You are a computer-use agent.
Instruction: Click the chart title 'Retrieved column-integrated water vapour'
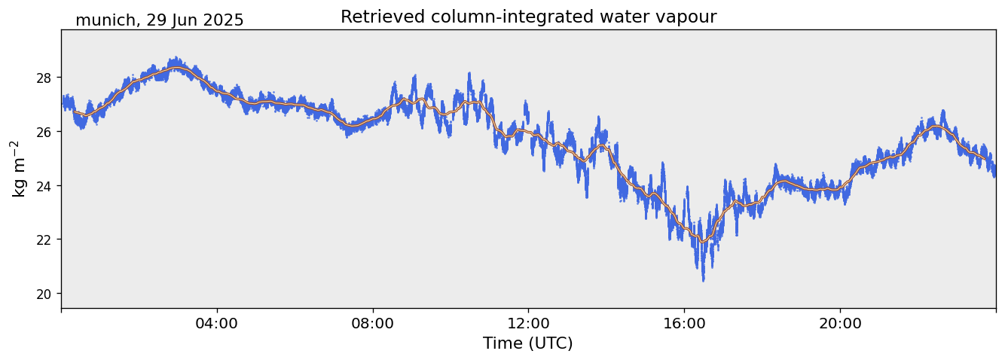[x=528, y=17]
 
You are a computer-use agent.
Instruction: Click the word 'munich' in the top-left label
[x=105, y=20]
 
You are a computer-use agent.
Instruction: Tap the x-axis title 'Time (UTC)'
[x=528, y=343]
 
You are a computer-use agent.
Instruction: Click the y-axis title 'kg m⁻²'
[x=18, y=168]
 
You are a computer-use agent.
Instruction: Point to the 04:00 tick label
[x=217, y=323]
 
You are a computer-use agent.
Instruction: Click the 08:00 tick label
[x=372, y=323]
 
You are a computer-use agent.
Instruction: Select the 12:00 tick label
[x=528, y=323]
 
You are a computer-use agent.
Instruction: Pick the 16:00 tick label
[x=684, y=323]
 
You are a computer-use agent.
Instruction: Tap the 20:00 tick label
[x=839, y=323]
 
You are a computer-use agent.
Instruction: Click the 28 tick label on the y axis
[x=46, y=78]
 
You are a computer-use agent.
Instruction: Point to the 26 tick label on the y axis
[x=46, y=132]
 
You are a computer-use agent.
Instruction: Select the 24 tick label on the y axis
[x=46, y=185]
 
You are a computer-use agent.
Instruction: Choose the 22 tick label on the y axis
[x=46, y=239]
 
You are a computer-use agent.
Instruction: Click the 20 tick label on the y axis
[x=46, y=294]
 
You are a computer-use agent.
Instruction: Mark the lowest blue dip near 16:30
[x=703, y=279]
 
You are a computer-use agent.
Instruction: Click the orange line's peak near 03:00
[x=177, y=68]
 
